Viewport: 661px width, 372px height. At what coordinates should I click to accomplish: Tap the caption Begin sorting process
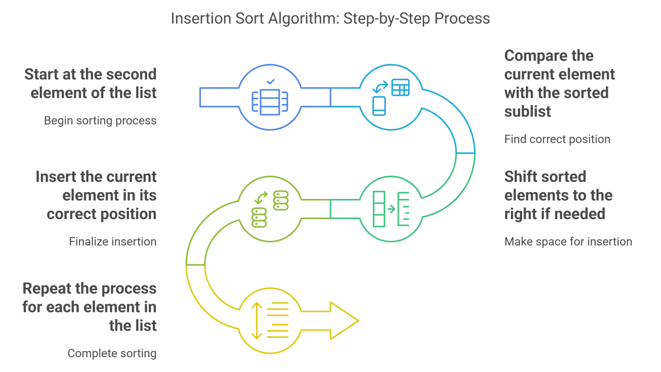point(100,121)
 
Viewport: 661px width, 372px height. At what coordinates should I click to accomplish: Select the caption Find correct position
point(557,139)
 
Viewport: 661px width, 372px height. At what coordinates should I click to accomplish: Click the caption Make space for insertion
point(568,241)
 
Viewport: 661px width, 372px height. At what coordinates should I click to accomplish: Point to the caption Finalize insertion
point(113,241)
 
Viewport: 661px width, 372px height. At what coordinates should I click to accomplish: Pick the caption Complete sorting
point(112,353)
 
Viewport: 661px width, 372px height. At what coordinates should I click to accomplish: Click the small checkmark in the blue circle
point(271,82)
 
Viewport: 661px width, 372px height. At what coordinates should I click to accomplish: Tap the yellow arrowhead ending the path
point(344,321)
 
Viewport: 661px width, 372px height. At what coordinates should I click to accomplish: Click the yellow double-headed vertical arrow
point(257,321)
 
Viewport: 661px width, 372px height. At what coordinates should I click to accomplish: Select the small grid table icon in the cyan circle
point(400,87)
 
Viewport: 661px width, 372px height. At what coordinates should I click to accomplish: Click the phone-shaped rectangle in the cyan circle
point(379,106)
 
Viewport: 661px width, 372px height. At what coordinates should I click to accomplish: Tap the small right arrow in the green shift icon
point(391,209)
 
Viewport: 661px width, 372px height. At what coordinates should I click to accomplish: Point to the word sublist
point(528,112)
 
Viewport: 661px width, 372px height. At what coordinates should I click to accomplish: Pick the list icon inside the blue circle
point(270,102)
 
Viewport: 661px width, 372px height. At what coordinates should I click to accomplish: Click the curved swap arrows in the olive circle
point(261,197)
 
